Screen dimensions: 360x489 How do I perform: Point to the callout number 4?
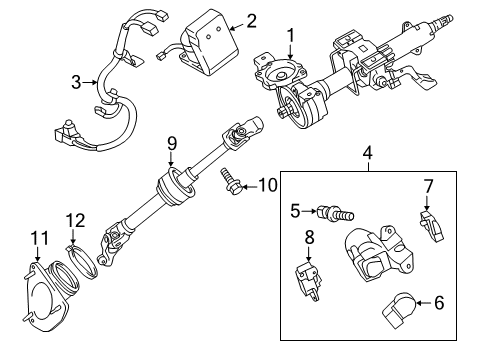[x=367, y=154]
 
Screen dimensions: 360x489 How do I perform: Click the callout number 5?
[x=295, y=211]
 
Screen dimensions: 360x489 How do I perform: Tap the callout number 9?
[x=171, y=142]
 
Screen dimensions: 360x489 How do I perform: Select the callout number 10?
[x=267, y=183]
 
